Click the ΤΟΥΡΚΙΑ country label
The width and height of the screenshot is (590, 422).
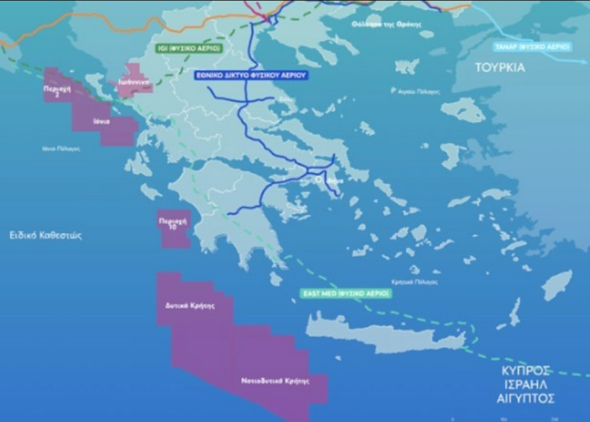pyautogui.click(x=500, y=68)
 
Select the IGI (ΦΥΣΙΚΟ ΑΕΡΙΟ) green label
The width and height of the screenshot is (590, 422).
pyautogui.click(x=189, y=49)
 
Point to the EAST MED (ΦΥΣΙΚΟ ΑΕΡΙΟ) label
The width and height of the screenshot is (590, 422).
pyautogui.click(x=345, y=293)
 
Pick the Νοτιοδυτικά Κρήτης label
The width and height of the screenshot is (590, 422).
pyautogui.click(x=275, y=380)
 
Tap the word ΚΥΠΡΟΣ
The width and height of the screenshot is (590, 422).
pyautogui.click(x=526, y=370)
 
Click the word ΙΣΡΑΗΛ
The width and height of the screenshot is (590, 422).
pyautogui.click(x=526, y=384)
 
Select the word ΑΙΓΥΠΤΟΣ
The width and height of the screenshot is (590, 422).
pyautogui.click(x=526, y=398)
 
